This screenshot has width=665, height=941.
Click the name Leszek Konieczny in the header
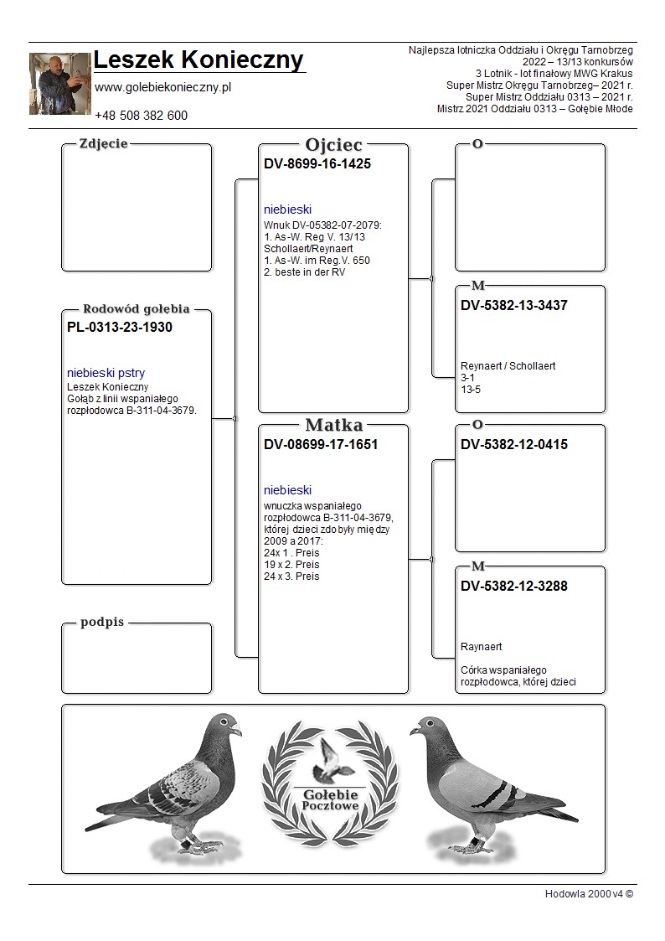tap(198, 60)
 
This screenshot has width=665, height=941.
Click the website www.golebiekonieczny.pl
tap(162, 87)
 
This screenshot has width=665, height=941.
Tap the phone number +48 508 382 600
tap(141, 116)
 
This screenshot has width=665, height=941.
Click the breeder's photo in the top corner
tap(59, 84)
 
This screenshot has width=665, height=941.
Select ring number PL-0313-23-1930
tap(119, 328)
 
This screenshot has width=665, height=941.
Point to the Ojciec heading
tap(333, 145)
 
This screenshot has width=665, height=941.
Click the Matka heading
tap(333, 426)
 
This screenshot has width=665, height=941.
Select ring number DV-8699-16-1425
tap(317, 164)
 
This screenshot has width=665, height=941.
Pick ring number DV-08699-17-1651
tap(320, 445)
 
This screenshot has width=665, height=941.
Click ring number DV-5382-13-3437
tap(513, 306)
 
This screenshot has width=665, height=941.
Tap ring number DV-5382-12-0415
tap(513, 445)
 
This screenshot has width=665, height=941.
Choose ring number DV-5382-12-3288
tap(513, 587)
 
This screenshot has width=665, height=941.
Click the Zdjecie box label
tap(103, 144)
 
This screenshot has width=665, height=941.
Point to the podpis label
tap(102, 623)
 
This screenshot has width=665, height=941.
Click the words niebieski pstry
tap(106, 373)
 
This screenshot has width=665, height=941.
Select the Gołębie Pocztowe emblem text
tap(331, 799)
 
